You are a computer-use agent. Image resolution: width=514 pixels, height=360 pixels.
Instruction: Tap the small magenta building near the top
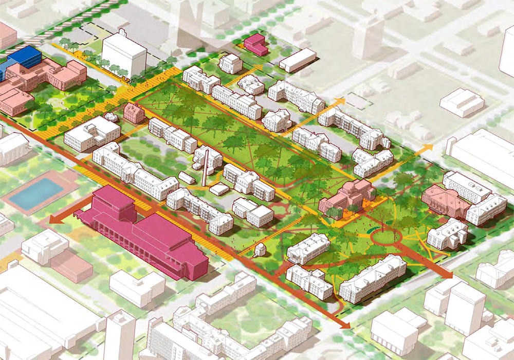click(255, 44)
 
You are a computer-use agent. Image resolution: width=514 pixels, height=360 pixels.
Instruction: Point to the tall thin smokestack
click(206, 167)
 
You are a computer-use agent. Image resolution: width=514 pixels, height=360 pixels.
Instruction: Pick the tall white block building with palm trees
click(124, 54)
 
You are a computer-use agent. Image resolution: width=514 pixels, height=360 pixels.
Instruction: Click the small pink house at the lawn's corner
click(134, 113)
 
